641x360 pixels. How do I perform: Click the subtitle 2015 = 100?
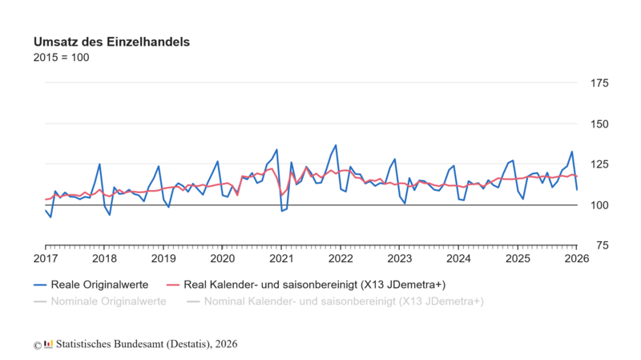pos(61,58)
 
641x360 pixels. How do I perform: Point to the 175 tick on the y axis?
pos(599,83)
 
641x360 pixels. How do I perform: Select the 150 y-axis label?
pos(599,123)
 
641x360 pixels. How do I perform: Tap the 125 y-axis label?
pos(599,164)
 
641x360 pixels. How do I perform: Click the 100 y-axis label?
pos(599,205)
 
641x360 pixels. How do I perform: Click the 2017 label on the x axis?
pos(46,258)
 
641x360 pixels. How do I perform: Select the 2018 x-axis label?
pos(104,258)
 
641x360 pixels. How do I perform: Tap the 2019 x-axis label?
pos(163,258)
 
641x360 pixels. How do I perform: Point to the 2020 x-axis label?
pos(222,258)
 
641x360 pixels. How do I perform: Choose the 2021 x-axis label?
pos(281,258)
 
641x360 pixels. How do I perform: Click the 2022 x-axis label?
pos(341,258)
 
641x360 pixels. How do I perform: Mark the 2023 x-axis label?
pos(399,258)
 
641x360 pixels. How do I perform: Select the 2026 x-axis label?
pos(576,258)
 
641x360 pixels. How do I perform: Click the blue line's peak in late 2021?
pos(336,145)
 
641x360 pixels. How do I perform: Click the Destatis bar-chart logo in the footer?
pos(49,344)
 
